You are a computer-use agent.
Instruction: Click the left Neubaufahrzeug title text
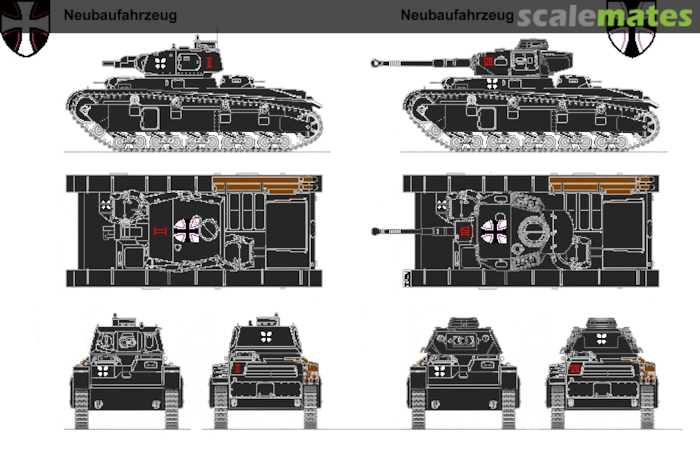120,16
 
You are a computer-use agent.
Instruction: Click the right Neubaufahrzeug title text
457,16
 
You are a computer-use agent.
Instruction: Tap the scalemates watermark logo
605,17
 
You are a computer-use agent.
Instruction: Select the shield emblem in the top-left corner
25,28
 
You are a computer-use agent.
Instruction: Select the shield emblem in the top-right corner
631,29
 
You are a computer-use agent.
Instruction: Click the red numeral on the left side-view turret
209,62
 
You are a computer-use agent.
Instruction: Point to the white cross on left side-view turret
161,63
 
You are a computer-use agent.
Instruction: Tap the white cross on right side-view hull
492,84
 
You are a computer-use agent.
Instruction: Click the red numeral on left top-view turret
159,231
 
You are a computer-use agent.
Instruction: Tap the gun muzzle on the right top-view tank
375,231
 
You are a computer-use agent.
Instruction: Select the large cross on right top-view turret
494,232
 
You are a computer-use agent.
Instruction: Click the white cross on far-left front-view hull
103,371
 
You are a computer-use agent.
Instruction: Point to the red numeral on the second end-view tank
237,368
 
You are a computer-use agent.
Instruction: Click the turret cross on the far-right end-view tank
601,339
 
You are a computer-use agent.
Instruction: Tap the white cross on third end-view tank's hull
440,371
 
